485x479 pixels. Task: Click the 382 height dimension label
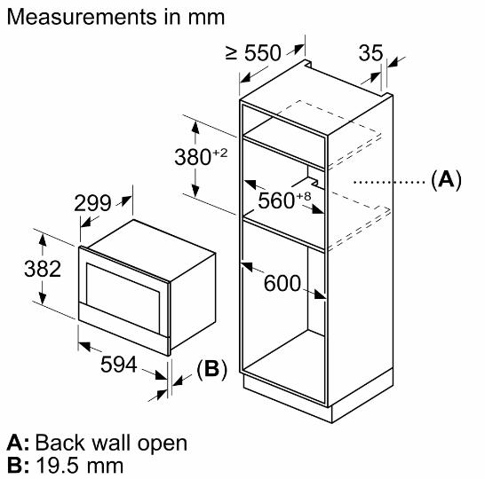(x=43, y=269)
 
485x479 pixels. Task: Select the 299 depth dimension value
(x=92, y=203)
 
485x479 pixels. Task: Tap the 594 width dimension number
(x=119, y=365)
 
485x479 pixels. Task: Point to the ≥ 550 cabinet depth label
(x=253, y=53)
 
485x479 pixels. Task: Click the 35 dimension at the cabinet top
(x=371, y=53)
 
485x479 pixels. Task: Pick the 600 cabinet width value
(x=282, y=283)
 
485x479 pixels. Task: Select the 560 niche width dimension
(x=276, y=200)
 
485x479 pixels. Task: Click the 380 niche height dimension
(x=193, y=157)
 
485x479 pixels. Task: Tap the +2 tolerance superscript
(x=220, y=153)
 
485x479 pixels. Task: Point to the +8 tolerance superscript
(x=304, y=196)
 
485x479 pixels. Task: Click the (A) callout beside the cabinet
(x=446, y=179)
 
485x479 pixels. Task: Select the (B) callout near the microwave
(x=212, y=368)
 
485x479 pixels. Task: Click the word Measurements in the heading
(x=82, y=17)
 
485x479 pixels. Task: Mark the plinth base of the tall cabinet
(x=319, y=397)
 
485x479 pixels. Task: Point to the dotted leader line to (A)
(x=389, y=182)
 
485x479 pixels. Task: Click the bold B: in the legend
(x=18, y=466)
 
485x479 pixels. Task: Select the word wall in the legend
(x=111, y=443)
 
